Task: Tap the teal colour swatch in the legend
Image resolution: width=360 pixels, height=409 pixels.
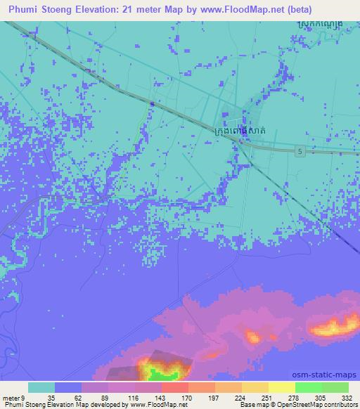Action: click(x=41, y=387)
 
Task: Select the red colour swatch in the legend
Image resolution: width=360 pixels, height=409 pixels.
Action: click(x=174, y=387)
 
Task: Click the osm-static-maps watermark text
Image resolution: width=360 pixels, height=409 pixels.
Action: click(x=330, y=376)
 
